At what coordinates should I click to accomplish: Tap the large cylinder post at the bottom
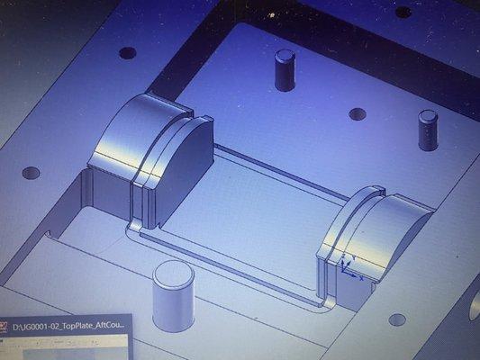173,296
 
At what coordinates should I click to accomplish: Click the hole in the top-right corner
403,13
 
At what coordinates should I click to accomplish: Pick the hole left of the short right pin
358,114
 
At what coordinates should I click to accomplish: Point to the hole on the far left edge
32,172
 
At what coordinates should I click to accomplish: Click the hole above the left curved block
128,53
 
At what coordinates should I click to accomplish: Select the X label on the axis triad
361,278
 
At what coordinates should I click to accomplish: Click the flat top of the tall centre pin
285,55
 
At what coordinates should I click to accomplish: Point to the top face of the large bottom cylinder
173,273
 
